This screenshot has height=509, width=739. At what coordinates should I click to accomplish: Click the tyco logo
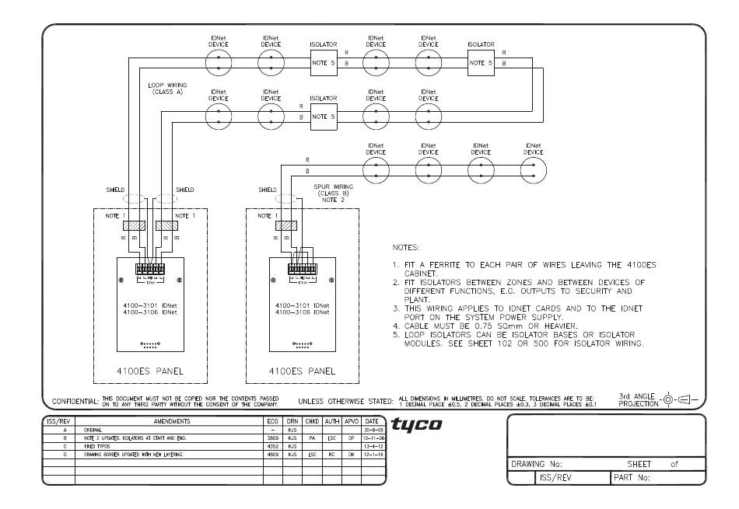coord(416,424)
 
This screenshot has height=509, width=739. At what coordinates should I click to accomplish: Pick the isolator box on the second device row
coord(324,117)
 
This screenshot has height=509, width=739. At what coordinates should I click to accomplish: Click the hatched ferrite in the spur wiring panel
coord(287,225)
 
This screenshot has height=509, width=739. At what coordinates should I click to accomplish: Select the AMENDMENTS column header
coord(168,421)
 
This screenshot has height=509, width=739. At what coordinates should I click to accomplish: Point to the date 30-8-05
coord(377,429)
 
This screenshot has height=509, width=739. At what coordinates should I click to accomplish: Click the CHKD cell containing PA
coord(311,437)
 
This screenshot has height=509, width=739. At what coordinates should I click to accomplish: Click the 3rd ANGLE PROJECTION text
coord(637,399)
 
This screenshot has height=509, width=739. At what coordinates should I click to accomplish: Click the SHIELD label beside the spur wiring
coord(267,190)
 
